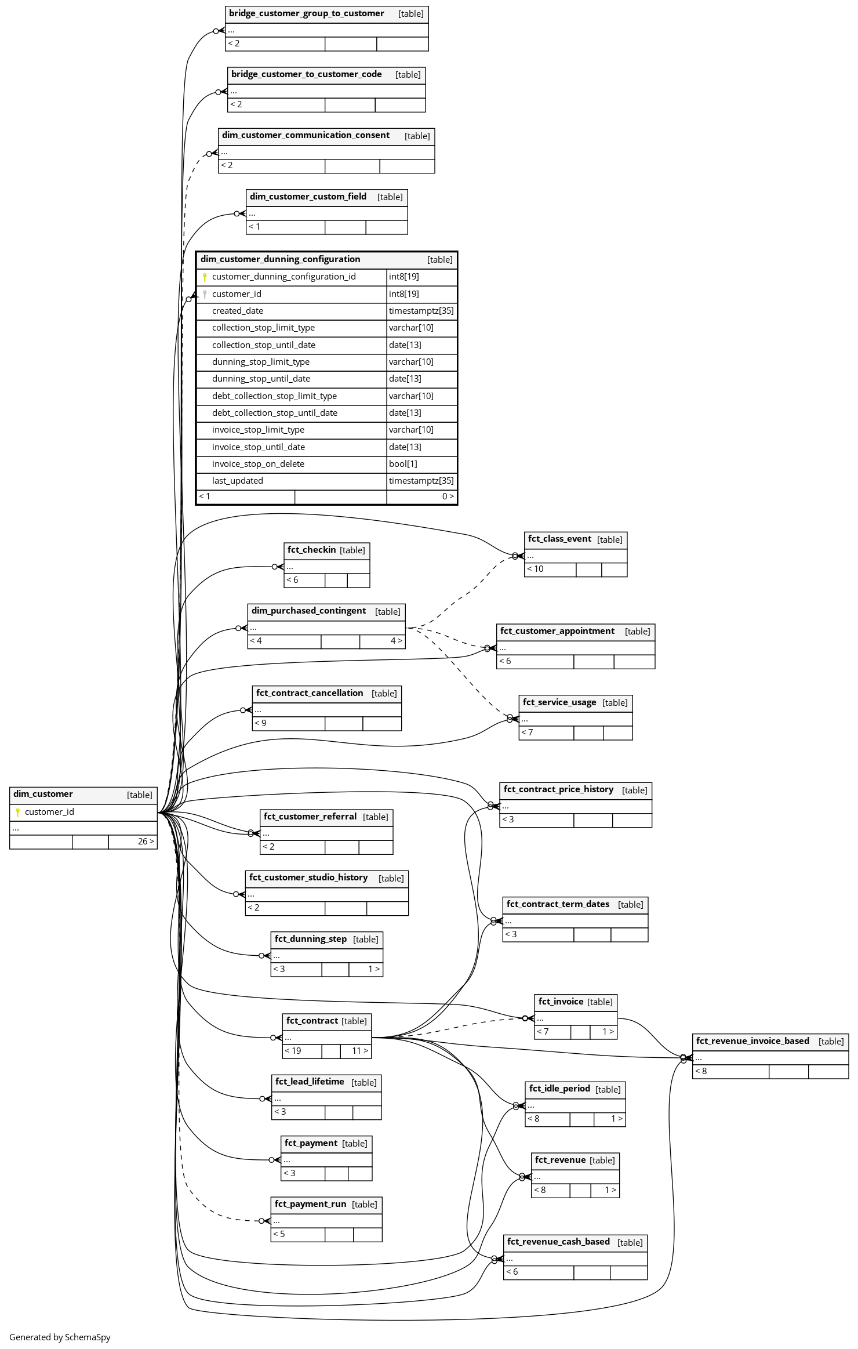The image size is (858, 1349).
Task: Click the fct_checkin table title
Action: pyautogui.click(x=311, y=550)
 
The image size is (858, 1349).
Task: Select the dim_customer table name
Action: pyautogui.click(x=43, y=794)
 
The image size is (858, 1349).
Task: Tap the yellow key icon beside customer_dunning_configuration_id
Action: pyautogui.click(x=205, y=277)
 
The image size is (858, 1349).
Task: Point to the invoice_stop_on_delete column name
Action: pyautogui.click(x=258, y=464)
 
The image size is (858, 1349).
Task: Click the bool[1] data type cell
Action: pyautogui.click(x=403, y=464)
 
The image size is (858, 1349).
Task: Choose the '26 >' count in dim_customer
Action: pyautogui.click(x=146, y=842)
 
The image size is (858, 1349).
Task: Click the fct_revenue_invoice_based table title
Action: pyautogui.click(x=752, y=1041)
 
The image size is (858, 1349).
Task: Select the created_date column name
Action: pyautogui.click(x=238, y=311)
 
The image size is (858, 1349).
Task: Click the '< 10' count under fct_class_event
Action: pyautogui.click(x=535, y=569)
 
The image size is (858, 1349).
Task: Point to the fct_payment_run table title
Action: pyautogui.click(x=310, y=1204)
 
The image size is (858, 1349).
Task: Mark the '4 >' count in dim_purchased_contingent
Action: pyautogui.click(x=397, y=641)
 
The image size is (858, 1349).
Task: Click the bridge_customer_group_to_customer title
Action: pyautogui.click(x=306, y=13)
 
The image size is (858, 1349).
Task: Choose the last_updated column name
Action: pyautogui.click(x=238, y=481)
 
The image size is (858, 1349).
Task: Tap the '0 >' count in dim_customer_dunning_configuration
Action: pyautogui.click(x=448, y=496)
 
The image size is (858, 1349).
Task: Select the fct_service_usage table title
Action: pyautogui.click(x=559, y=702)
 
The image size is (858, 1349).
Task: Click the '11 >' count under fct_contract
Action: pyautogui.click(x=360, y=1051)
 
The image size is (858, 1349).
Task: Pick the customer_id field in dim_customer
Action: pyautogui.click(x=49, y=812)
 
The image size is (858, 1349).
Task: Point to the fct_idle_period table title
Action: pyautogui.click(x=559, y=1089)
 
